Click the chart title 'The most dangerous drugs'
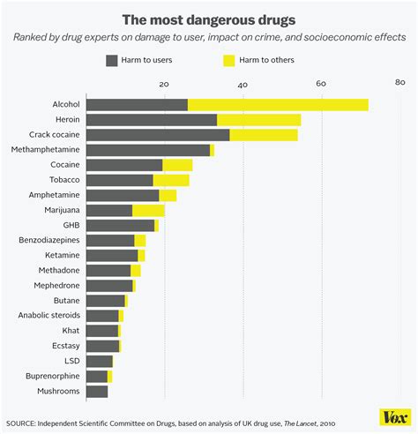[208, 17]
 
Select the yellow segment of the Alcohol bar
[278, 105]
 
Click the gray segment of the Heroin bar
[152, 120]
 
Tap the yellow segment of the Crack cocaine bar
[264, 135]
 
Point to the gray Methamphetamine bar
[148, 150]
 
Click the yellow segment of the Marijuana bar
[148, 210]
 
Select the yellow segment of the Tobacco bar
[171, 180]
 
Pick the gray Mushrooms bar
[97, 391]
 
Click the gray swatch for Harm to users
[112, 60]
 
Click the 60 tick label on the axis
[321, 84]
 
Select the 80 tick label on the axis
[399, 84]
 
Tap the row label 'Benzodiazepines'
[49, 240]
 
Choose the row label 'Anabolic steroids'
[49, 315]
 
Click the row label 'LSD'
[71, 361]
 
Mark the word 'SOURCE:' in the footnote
[23, 422]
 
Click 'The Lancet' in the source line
[302, 422]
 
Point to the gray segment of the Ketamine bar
[112, 255]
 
